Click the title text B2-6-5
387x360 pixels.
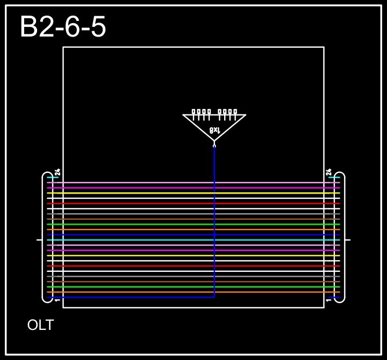click(x=63, y=27)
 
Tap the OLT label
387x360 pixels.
click(x=40, y=325)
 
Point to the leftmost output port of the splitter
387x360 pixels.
click(x=193, y=112)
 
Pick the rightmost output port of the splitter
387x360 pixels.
click(x=235, y=112)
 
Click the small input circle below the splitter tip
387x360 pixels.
click(x=214, y=146)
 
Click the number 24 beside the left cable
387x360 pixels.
click(x=58, y=172)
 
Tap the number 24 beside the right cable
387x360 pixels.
click(x=328, y=172)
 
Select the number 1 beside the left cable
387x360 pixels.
click(x=57, y=300)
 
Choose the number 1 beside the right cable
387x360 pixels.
click(x=328, y=300)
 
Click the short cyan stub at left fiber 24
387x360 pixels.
click(x=52, y=177)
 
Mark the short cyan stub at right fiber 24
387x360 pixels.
click(x=334, y=177)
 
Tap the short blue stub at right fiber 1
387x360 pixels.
click(x=334, y=297)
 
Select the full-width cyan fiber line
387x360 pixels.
click(x=193, y=240)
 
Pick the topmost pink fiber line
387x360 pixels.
click(x=193, y=183)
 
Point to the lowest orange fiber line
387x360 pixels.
click(x=193, y=292)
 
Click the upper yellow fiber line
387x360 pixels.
click(x=193, y=193)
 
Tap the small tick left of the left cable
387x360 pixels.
click(x=39, y=240)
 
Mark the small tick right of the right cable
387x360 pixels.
click(x=348, y=240)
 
